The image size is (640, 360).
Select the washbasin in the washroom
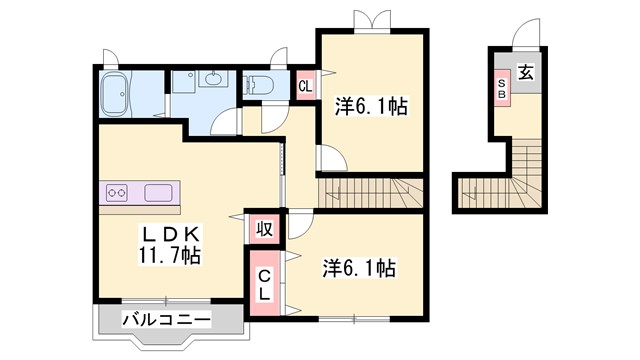pos(211,79)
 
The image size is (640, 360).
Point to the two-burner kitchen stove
pos(117,192)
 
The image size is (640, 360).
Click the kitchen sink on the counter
pos(160,192)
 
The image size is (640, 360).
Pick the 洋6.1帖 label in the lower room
pos(357,268)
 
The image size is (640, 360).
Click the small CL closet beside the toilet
pos(305,85)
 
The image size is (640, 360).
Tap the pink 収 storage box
pos(264,228)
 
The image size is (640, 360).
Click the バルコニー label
pos(167,320)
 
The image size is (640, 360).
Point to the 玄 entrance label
pos(526,74)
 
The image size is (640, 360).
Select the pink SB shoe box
pos(501,87)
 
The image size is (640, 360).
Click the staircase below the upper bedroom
pos(371,190)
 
